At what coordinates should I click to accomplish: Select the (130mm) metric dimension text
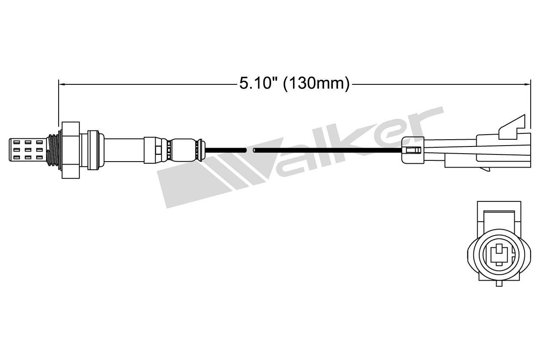(x=316, y=84)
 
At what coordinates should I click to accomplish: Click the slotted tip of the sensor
(x=27, y=149)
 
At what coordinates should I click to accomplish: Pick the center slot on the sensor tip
(x=28, y=149)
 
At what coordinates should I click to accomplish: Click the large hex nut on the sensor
(x=70, y=149)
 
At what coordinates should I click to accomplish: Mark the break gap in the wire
(x=250, y=150)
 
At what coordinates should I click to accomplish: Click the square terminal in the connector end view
(x=499, y=254)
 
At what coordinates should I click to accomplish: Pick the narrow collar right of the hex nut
(x=94, y=149)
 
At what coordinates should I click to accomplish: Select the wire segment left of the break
(x=225, y=150)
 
